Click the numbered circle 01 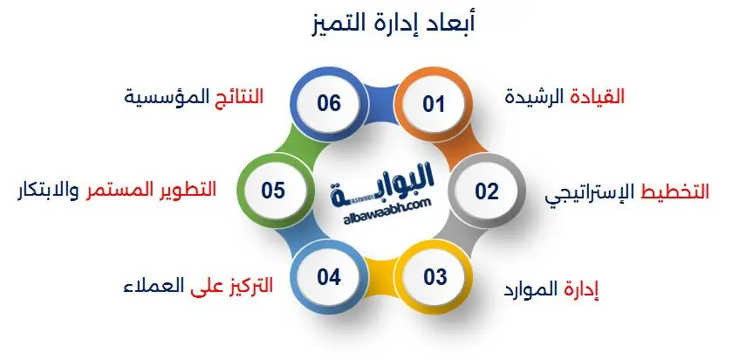[434, 105]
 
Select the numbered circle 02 [487, 191]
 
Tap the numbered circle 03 [435, 277]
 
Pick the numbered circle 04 [328, 277]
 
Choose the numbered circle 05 [273, 191]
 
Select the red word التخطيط [676, 191]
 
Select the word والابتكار [48, 191]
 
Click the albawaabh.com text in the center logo [380, 203]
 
